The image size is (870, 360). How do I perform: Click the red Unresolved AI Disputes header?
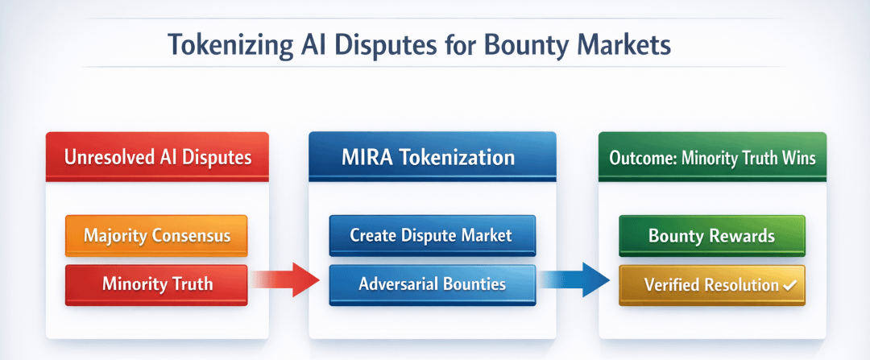click(x=157, y=157)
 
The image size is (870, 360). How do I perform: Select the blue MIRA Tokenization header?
click(x=433, y=157)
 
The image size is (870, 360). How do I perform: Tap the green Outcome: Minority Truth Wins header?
click(x=712, y=157)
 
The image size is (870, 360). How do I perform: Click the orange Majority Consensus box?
click(x=156, y=236)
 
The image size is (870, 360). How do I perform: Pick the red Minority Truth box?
click(x=156, y=285)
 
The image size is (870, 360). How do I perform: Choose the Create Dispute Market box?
click(x=433, y=236)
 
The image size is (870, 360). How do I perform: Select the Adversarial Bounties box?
click(x=433, y=285)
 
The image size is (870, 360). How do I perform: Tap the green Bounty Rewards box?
click(x=712, y=236)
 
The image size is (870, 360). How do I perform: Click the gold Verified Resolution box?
click(x=712, y=285)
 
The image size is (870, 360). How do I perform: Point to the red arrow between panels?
click(x=286, y=279)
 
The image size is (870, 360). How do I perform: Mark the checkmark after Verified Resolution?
click(x=789, y=285)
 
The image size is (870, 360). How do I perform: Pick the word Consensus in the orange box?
click(x=190, y=236)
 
